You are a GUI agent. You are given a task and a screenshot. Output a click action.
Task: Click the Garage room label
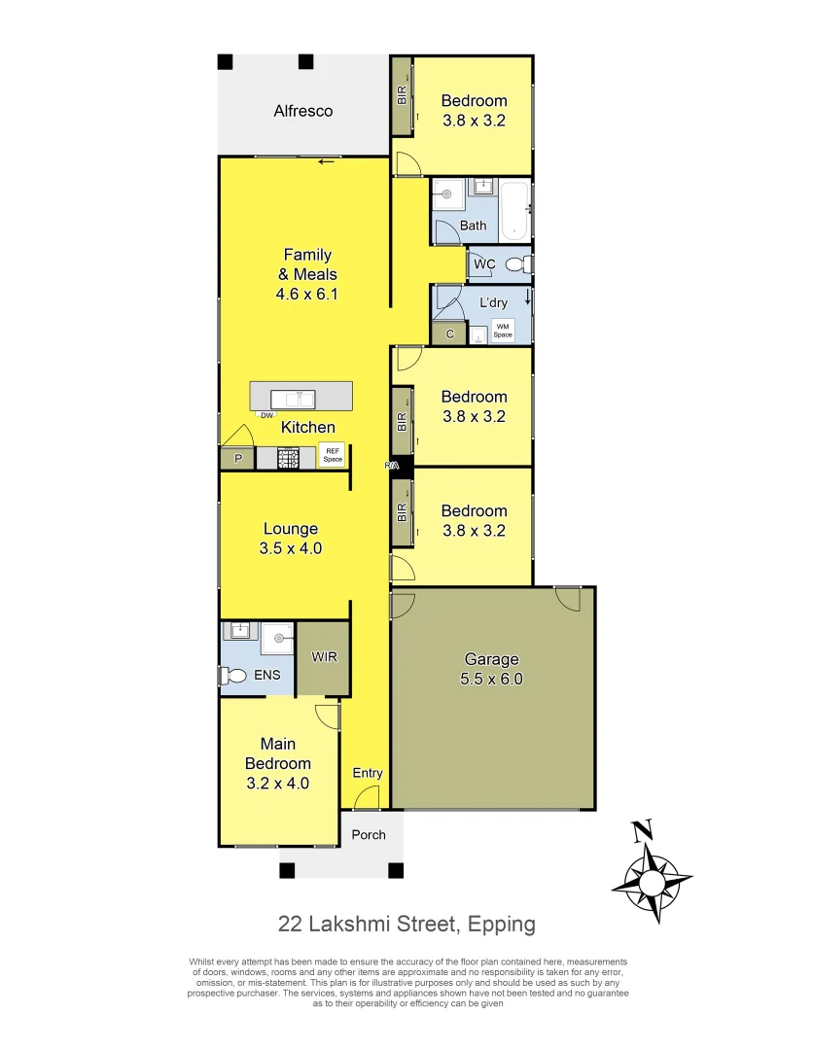(491, 660)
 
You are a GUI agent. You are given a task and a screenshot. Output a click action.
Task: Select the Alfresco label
(302, 111)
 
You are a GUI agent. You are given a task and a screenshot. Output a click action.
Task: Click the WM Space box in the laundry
(502, 330)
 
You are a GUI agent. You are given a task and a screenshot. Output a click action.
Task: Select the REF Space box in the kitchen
(333, 455)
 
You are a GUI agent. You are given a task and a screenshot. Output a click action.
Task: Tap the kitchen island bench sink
(293, 398)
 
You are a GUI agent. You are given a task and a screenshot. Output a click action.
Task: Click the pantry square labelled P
(236, 459)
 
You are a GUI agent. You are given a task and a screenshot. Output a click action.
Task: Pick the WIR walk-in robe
(324, 658)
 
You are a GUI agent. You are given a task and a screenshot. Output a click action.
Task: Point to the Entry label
(368, 773)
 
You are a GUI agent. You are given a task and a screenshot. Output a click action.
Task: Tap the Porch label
(369, 834)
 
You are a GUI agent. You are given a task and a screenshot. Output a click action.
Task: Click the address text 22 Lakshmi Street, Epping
(407, 924)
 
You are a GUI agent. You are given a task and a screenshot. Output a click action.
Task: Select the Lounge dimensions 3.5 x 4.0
(291, 548)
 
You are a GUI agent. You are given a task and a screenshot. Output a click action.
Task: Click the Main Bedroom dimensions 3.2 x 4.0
(277, 782)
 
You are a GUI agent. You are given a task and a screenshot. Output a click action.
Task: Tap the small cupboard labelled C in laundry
(449, 334)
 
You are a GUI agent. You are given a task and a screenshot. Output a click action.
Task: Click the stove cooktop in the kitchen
(289, 458)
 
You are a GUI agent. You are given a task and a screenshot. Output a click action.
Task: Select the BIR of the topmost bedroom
(401, 96)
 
